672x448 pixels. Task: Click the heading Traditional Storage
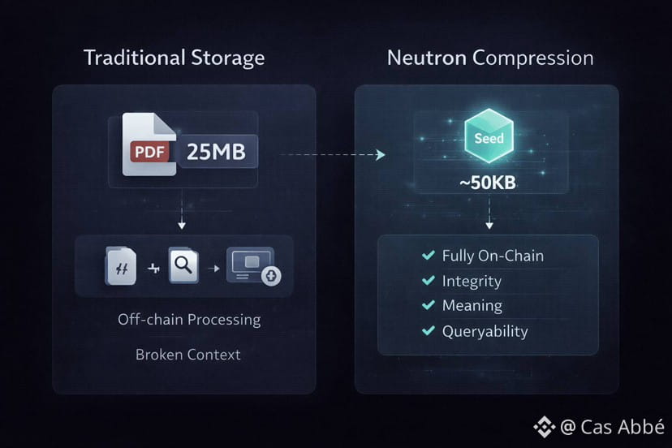pos(174,58)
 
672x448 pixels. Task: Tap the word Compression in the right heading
pos(532,58)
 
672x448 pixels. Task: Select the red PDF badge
pos(151,151)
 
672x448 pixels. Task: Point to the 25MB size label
pos(215,152)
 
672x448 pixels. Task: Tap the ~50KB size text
pos(488,183)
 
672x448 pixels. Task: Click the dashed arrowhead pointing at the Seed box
pos(380,154)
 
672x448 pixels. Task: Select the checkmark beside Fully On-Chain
pos(428,256)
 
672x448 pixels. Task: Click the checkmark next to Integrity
pos(428,281)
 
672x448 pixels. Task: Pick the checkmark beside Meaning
pos(428,306)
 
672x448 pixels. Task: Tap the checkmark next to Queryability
pos(428,331)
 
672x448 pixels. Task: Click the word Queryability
pos(485,331)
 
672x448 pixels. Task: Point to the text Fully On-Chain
pos(493,256)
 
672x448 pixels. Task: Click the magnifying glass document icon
pos(183,266)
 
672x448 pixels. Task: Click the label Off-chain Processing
pos(188,319)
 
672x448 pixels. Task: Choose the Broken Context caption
pos(187,355)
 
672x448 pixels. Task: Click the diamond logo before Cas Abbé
pos(543,426)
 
